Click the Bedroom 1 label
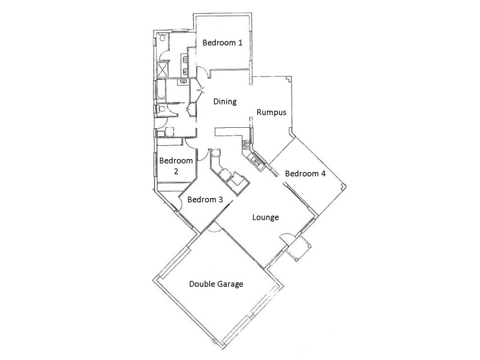coord(223,43)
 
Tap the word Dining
coord(226,102)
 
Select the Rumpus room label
coord(271,112)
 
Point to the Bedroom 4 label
coord(305,174)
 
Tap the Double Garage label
coord(216,284)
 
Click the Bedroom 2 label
coord(176,166)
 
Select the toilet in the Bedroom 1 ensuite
coord(163,38)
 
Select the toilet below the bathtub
coord(162,109)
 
